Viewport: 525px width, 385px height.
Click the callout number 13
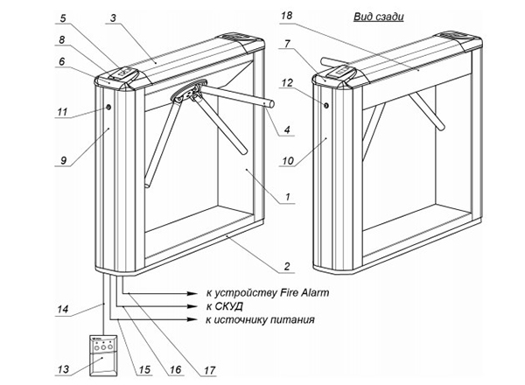[x=62, y=368]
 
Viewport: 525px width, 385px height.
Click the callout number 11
[x=62, y=112]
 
